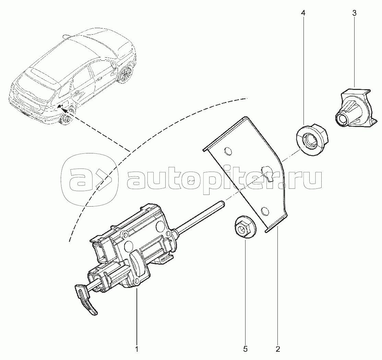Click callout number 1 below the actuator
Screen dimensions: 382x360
click(137, 349)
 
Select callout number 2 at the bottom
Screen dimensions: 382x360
click(278, 349)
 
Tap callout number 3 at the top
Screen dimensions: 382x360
click(354, 13)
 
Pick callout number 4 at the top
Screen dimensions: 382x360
click(303, 13)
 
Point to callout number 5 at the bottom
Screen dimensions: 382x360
click(245, 349)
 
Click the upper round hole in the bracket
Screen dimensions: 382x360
click(228, 151)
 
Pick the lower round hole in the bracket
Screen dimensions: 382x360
click(265, 211)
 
